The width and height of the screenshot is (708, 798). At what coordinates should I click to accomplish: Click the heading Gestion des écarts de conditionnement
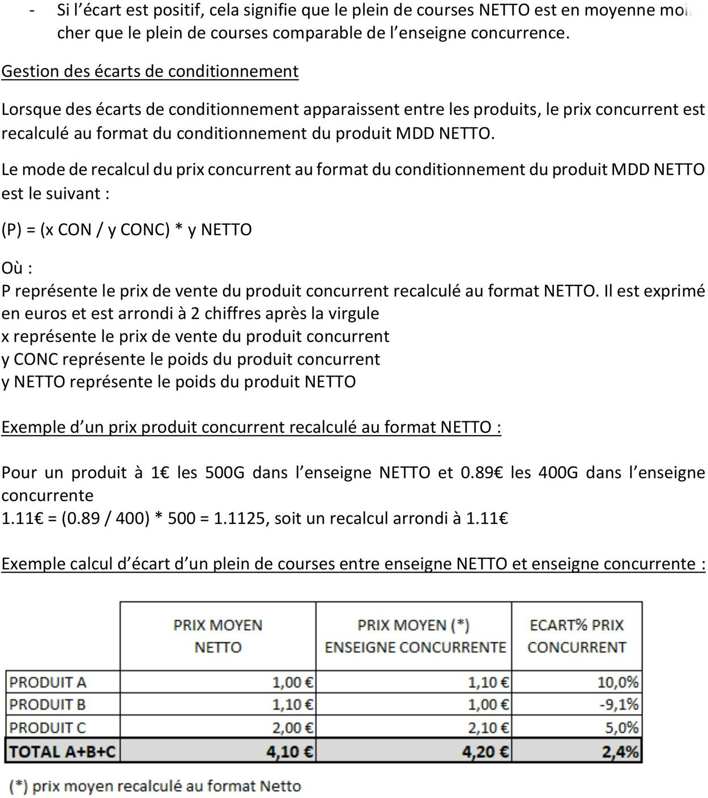pos(150,71)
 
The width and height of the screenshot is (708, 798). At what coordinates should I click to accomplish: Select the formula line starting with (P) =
pos(126,230)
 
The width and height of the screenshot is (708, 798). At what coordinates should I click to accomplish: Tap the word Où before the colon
pos(12,268)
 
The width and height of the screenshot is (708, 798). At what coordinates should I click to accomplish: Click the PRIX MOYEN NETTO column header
pos(217,636)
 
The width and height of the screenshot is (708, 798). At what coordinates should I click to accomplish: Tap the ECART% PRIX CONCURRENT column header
pos(577,636)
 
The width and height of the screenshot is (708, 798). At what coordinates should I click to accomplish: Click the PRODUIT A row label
pos(48,682)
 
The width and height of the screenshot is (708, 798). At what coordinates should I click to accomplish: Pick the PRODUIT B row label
pos(48,705)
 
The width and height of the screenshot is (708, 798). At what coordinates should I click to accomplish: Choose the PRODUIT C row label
pos(48,728)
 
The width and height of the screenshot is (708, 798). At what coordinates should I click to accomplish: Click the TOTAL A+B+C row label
pos(62,752)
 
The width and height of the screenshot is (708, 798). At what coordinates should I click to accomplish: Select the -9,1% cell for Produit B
pos(619,705)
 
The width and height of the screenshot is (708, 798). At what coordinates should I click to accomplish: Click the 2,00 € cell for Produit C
pos(292,728)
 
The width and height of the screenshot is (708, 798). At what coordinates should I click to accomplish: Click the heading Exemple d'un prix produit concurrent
pos(251,428)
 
